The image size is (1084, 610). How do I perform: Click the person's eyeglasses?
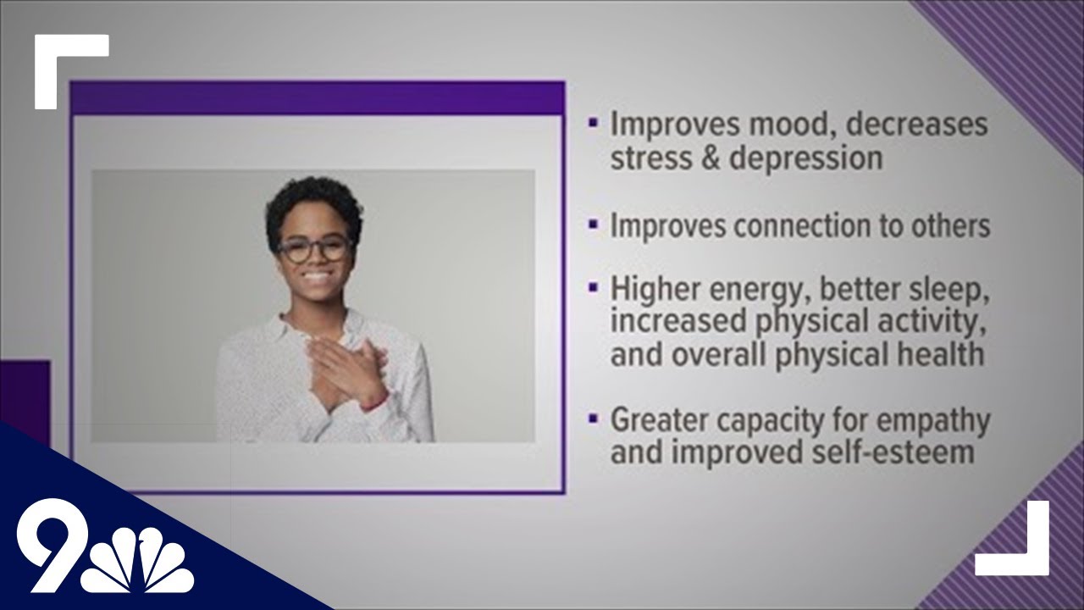coord(314,249)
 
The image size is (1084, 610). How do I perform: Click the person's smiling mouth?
coord(316,277)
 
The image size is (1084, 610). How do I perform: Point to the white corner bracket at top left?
coord(59,59)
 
